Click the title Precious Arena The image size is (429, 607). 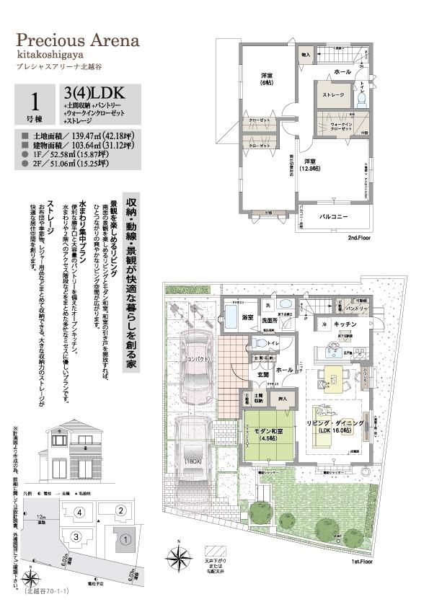pos(77,41)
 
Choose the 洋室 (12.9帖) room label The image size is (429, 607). pos(310,164)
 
